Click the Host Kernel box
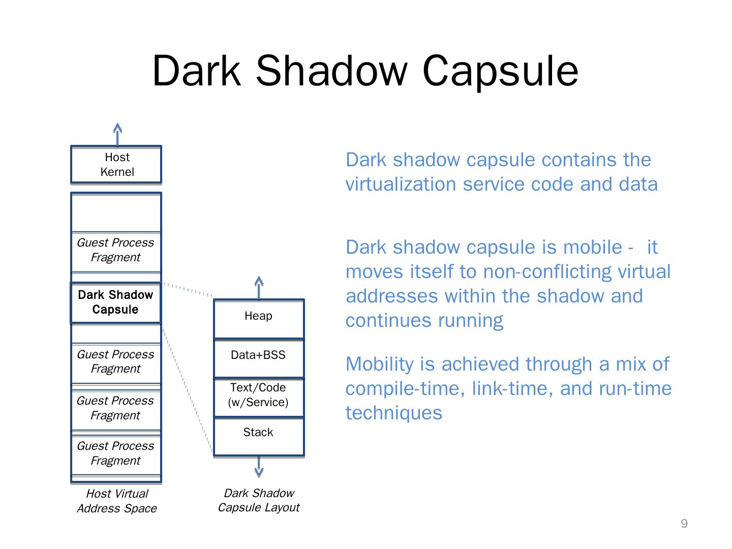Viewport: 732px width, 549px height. point(116,165)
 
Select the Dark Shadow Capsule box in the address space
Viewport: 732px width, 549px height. point(115,302)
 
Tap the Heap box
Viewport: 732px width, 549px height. point(258,318)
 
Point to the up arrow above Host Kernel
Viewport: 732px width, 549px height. point(117,134)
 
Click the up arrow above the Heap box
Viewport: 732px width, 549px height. point(259,287)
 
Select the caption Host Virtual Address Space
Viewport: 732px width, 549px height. point(117,501)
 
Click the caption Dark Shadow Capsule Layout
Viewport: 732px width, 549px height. point(259,500)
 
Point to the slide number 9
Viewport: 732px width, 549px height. point(684,524)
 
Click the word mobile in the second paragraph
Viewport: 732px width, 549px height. point(592,247)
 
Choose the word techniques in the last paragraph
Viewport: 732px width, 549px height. point(394,413)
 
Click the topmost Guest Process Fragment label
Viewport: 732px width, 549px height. point(115,250)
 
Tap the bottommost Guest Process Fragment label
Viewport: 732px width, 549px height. point(115,453)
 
